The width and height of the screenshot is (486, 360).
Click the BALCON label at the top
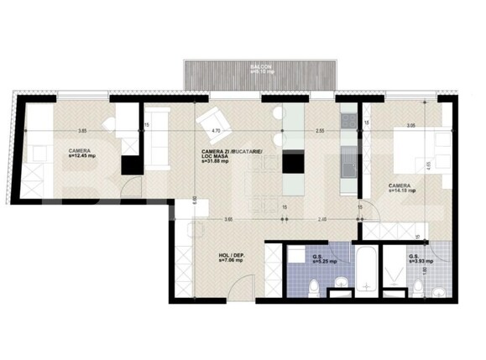click(259, 65)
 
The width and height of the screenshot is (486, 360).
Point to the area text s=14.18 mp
click(400, 190)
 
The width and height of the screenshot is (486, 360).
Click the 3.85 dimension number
click(82, 131)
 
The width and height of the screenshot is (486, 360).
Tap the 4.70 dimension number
click(216, 131)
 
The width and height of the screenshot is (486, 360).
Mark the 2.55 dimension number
click(320, 131)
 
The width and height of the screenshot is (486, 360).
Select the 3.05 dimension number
click(410, 125)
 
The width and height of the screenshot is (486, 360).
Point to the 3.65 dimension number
click(227, 220)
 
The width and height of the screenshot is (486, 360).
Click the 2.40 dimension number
click(323, 220)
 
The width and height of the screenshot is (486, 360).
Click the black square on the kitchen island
click(294, 163)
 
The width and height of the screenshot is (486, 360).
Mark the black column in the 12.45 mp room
click(128, 164)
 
